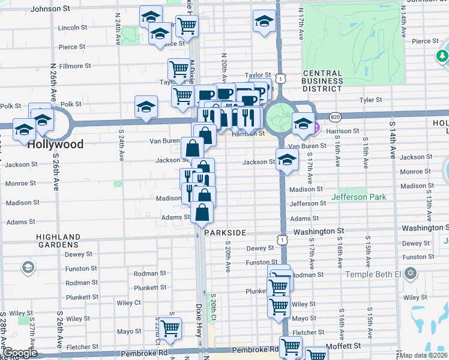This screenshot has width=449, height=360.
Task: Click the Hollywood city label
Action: click(55, 145)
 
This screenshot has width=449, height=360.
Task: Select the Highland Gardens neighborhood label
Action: click(58, 241)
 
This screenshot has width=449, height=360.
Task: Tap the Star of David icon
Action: click(411, 274)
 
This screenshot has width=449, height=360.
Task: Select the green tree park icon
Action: click(442, 56)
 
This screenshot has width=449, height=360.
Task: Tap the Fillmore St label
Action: click(74, 66)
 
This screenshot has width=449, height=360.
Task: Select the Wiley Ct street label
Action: click(128, 303)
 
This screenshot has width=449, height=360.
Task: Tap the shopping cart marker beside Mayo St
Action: click(170, 329)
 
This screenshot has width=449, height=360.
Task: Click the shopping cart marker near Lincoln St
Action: click(187, 25)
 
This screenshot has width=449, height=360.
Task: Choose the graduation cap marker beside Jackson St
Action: click(288, 160)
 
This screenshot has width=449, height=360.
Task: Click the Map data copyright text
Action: click(423, 355)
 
